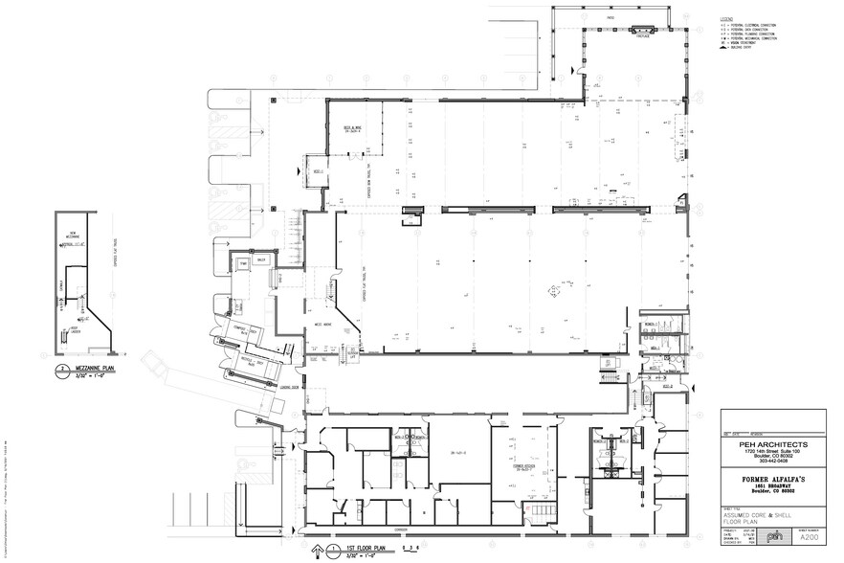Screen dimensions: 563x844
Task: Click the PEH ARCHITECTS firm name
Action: point(773,444)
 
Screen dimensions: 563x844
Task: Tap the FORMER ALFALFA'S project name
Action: point(773,472)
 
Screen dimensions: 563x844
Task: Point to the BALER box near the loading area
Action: point(261,259)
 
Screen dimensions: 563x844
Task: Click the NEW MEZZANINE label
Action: point(72,235)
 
